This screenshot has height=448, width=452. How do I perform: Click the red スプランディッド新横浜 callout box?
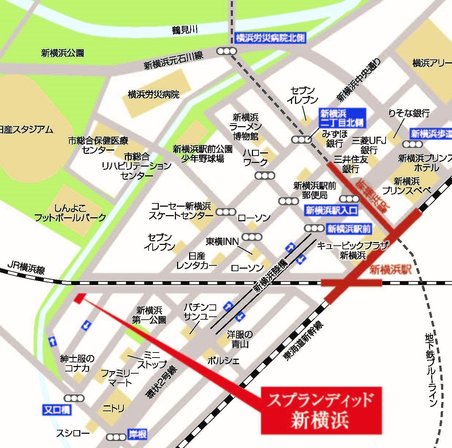tap(321, 410)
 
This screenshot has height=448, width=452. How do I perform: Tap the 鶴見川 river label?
tap(185, 30)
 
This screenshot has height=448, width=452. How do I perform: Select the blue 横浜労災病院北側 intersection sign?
tap(270, 38)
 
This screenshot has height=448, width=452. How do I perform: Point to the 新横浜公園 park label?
tap(62, 53)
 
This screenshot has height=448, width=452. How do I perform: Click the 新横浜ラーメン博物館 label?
tap(246, 127)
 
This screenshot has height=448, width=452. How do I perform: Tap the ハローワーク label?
tap(256, 158)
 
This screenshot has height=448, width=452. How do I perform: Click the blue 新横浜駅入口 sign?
tap(331, 210)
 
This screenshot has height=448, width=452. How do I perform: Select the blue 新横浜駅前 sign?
tap(349, 229)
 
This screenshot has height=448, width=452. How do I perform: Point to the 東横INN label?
tap(222, 241)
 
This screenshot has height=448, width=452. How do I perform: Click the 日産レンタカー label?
tap(197, 261)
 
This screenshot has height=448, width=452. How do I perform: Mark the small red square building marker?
tap(80, 298)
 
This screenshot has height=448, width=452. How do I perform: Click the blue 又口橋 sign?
tap(57, 410)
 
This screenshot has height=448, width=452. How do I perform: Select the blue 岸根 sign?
tap(137, 435)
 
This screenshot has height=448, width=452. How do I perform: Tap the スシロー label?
tap(73, 433)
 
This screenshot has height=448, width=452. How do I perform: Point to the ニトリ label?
tap(113, 409)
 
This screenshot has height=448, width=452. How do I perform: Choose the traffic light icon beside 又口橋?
tap(74, 398)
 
